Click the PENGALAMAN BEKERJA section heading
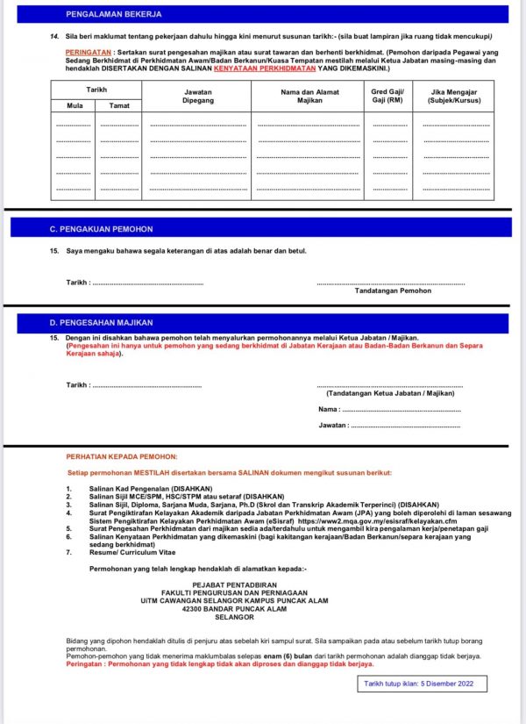[x=113, y=15]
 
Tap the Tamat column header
[x=118, y=105]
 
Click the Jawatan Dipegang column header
[x=197, y=96]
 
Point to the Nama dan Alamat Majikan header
[x=308, y=96]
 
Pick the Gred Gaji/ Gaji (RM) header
[x=386, y=96]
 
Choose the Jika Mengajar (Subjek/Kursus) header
[x=456, y=96]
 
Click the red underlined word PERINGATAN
[x=88, y=53]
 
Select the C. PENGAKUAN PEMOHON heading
[x=101, y=229]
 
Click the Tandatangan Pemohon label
[x=393, y=290]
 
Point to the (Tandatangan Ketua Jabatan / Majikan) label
[x=389, y=394]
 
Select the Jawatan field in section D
[x=404, y=426]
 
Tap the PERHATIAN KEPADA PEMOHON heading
[x=122, y=456]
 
